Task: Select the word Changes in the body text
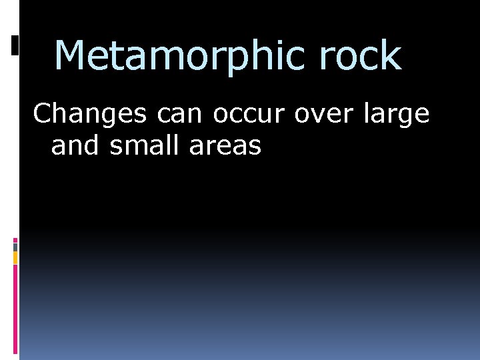[x=91, y=114]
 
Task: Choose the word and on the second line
[x=75, y=145]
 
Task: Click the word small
[x=146, y=145]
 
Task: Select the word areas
[x=225, y=145]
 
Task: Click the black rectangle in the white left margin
[x=15, y=45]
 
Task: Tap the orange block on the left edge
[x=15, y=258]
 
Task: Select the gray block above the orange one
[x=15, y=247]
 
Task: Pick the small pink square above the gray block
[x=15, y=239]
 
